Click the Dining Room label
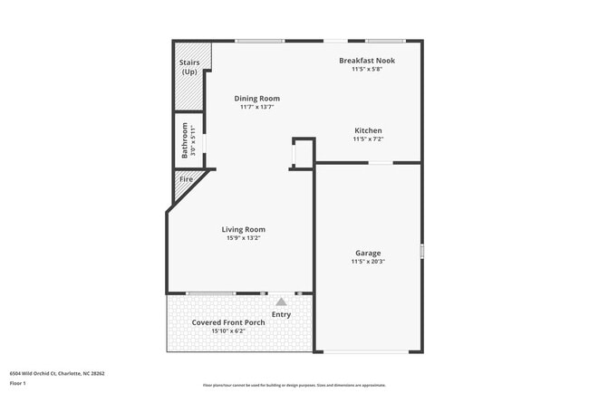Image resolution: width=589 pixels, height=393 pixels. [256, 99]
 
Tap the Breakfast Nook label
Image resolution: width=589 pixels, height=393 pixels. [367, 61]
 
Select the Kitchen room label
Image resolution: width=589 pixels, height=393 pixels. [367, 130]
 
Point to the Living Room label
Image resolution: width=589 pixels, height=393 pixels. [243, 229]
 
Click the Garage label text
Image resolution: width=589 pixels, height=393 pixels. [367, 253]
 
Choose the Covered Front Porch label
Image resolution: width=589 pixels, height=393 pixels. [227, 322]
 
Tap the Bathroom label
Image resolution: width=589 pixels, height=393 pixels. [185, 140]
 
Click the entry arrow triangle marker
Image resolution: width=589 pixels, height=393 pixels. [281, 302]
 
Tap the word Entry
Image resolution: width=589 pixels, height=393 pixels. [281, 314]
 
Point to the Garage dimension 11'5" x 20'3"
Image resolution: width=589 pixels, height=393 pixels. [367, 262]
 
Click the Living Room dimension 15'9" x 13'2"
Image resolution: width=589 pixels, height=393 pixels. [243, 238]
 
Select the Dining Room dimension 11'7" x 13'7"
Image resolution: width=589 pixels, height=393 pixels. [256, 107]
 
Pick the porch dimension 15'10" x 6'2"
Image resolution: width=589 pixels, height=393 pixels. [227, 331]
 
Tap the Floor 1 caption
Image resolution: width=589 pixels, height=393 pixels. [19, 383]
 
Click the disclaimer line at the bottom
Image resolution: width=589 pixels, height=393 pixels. [294, 386]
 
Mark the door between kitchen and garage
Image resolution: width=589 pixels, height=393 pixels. [380, 163]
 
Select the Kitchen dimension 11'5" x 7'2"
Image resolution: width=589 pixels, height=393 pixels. [367, 139]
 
